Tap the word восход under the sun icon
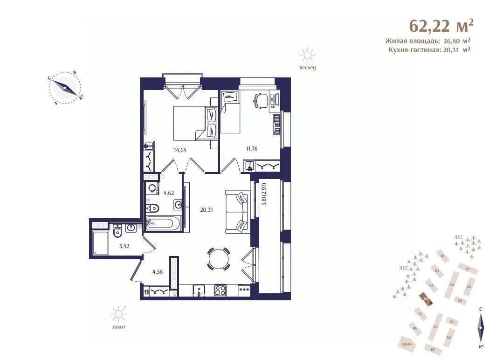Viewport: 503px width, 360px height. click(308, 69)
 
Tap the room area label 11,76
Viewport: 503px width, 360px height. click(251, 149)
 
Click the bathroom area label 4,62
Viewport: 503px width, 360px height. click(168, 192)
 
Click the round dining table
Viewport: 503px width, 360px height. click(218, 258)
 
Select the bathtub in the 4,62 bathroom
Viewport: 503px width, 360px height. click(161, 223)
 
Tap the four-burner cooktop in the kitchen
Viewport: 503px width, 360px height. click(220, 290)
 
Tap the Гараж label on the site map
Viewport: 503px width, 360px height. click(406, 344)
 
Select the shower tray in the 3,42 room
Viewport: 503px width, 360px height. click(100, 242)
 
